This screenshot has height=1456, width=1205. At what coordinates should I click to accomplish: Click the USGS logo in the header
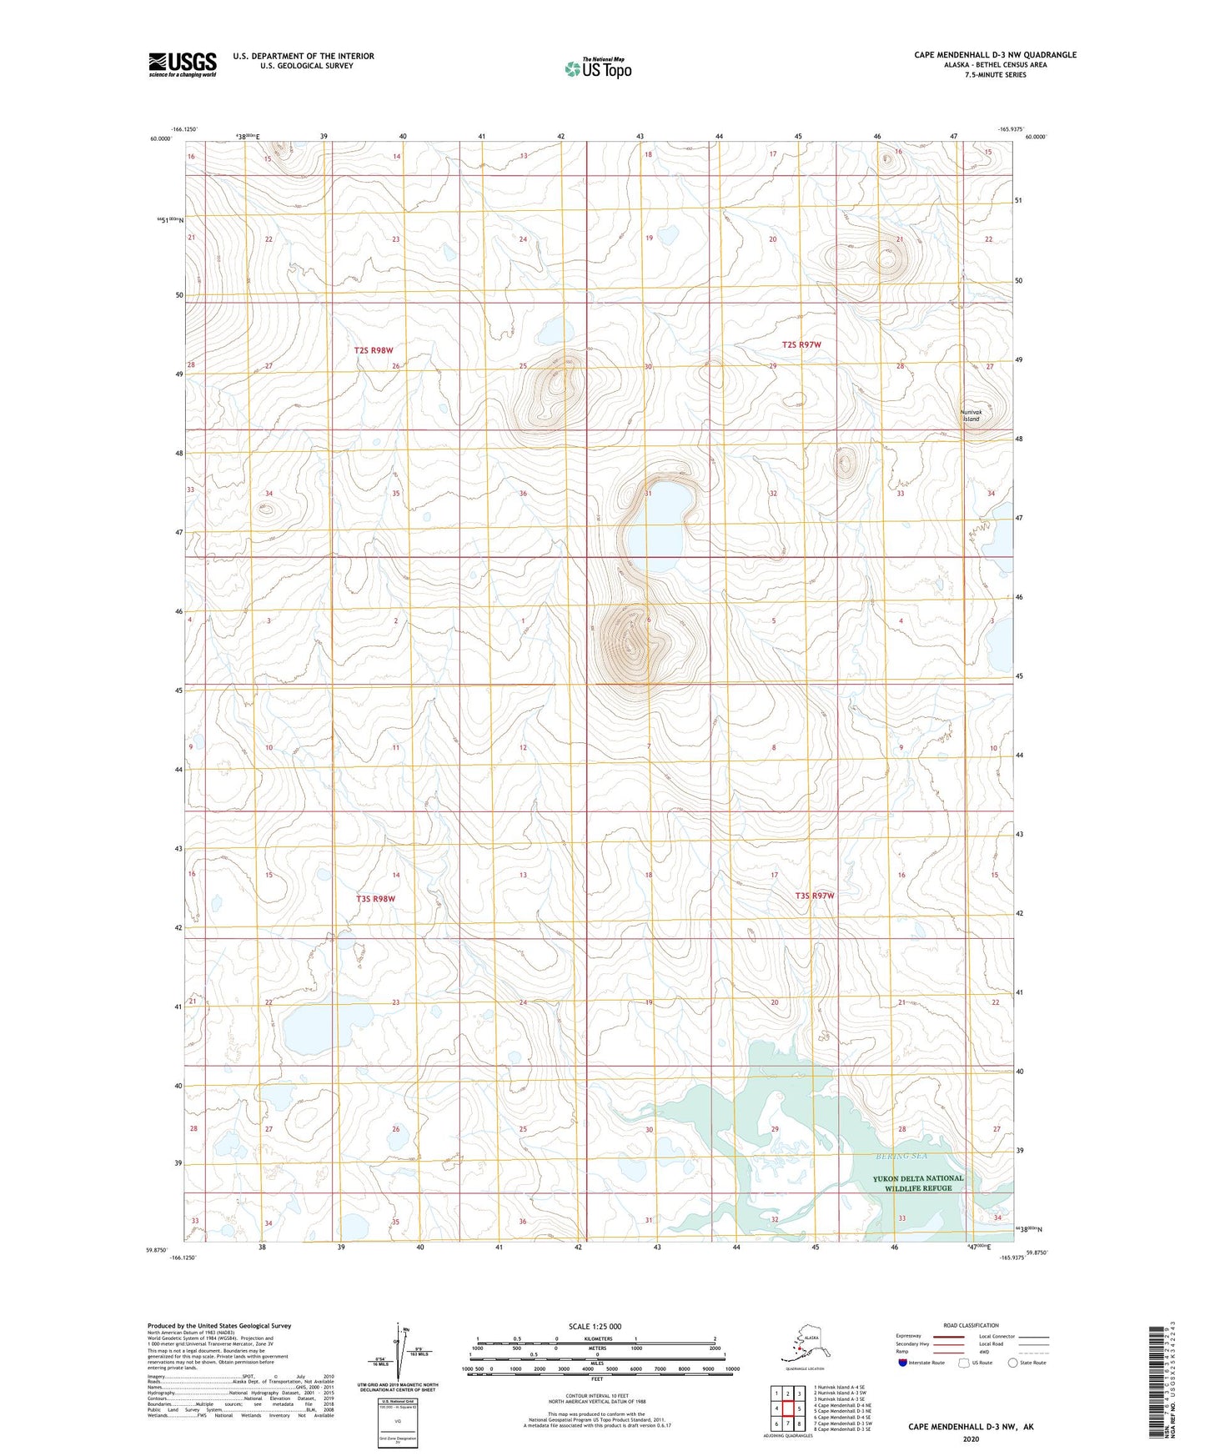[x=183, y=63]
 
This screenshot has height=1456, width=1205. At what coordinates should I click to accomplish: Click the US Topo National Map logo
[x=597, y=68]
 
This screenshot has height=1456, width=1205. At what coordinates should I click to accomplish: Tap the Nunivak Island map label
[x=971, y=415]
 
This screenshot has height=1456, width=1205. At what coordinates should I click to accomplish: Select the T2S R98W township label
[x=373, y=350]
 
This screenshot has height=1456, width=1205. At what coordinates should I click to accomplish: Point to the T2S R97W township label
[x=801, y=344]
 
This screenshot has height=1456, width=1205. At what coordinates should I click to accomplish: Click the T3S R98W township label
[x=375, y=899]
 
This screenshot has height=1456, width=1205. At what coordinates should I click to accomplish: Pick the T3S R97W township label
[x=814, y=896]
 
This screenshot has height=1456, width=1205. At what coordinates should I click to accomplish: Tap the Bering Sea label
[x=901, y=1156]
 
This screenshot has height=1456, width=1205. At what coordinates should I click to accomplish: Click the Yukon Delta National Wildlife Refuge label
[x=917, y=1183]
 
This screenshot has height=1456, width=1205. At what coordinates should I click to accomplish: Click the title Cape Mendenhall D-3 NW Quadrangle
[x=995, y=55]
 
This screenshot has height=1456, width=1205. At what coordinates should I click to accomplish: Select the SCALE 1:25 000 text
[x=595, y=1327]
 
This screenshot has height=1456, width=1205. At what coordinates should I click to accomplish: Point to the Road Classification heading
[x=971, y=1325]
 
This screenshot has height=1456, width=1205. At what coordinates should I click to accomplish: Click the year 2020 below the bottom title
[x=970, y=1439]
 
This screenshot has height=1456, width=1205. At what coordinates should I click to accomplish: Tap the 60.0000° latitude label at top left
[x=161, y=138]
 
